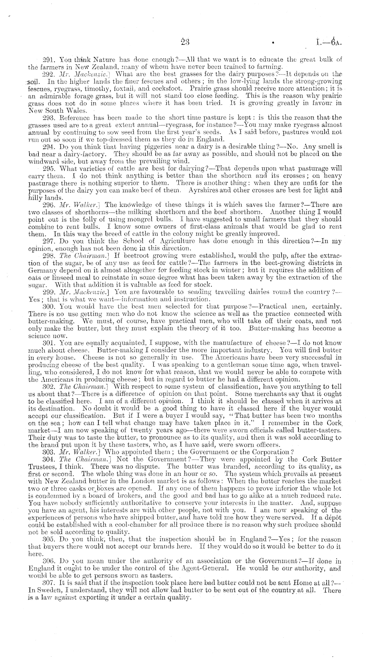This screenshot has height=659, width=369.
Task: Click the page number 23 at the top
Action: pyautogui.click(x=184, y=42)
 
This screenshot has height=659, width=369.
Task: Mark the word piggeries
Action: pyautogui.click(x=160, y=147)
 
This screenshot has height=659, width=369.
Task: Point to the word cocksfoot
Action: pyautogui.click(x=160, y=89)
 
